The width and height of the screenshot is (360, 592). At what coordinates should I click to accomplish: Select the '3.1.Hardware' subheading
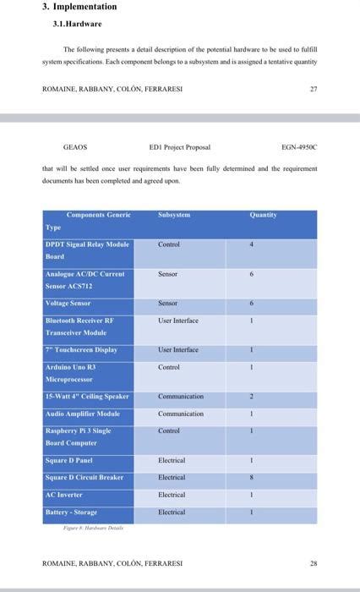click(77, 24)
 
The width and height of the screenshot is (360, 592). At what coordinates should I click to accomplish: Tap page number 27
click(314, 87)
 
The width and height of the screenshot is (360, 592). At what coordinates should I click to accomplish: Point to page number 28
click(314, 562)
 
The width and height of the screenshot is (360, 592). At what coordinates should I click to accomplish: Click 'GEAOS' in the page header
click(75, 147)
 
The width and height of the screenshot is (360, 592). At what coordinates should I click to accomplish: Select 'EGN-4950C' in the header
click(299, 147)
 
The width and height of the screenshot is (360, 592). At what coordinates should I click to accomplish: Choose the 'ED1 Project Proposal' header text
click(179, 147)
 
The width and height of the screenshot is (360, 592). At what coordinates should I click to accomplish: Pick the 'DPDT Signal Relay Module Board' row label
click(87, 250)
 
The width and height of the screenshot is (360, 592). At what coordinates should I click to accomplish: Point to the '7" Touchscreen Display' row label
click(80, 349)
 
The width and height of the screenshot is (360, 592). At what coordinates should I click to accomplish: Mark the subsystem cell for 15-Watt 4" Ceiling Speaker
click(180, 396)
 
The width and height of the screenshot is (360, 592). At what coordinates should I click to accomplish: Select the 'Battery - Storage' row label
click(71, 512)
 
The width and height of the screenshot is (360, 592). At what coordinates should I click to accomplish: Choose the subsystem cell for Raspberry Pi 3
click(169, 430)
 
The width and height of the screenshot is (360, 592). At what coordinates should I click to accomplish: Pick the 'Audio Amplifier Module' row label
click(82, 414)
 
